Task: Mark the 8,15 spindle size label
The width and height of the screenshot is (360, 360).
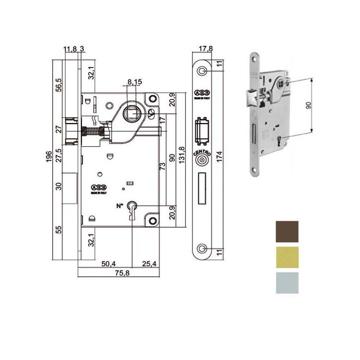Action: [135, 82]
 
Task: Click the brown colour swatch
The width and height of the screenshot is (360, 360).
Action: [286, 231]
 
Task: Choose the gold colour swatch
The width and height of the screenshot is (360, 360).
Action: [286, 257]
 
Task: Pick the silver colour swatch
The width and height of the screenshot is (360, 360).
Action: [286, 283]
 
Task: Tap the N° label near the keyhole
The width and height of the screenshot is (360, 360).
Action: [120, 206]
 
